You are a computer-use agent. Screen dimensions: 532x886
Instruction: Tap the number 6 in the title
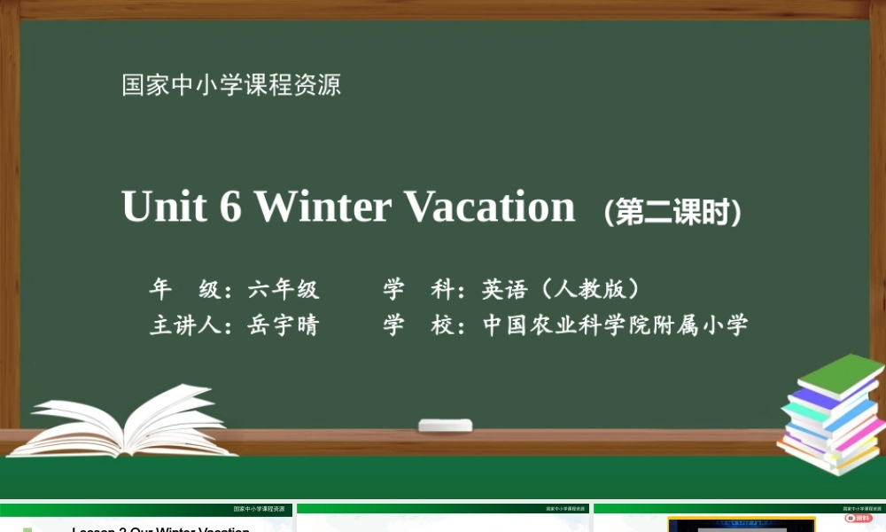(230, 207)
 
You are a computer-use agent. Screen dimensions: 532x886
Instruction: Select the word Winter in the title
(323, 207)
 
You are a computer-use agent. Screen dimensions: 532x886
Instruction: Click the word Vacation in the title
(489, 207)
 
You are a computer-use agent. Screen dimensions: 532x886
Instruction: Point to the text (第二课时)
(672, 213)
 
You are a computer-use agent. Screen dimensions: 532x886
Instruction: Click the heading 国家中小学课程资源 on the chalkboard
(231, 85)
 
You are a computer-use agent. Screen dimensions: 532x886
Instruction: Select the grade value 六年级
(284, 289)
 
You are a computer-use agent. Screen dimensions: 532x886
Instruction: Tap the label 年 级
(184, 289)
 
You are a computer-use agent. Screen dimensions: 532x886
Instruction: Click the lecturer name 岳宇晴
(284, 325)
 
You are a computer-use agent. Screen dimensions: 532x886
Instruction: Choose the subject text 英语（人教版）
(562, 289)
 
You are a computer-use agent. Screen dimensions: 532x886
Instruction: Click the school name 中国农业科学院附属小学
(615, 325)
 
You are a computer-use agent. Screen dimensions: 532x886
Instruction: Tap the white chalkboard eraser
(445, 425)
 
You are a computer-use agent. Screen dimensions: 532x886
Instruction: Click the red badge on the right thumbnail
(858, 518)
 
